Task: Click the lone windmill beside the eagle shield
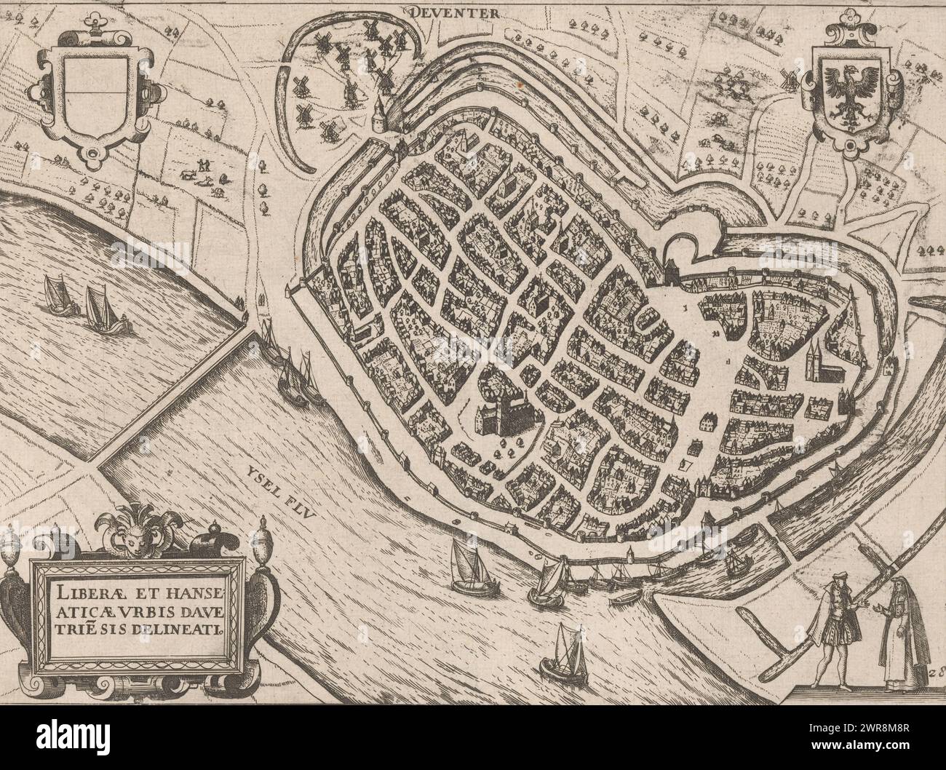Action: coord(787,79)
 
